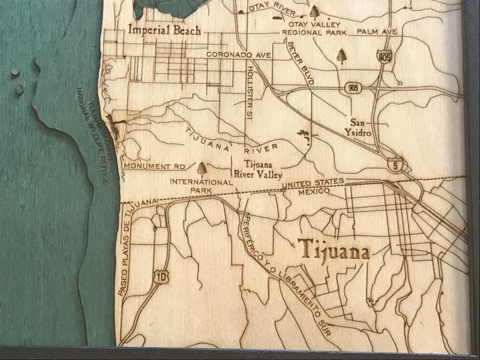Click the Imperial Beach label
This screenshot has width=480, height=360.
164,30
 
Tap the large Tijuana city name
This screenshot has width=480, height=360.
334,250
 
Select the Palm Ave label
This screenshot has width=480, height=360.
377,32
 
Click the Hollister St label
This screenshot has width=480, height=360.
249,94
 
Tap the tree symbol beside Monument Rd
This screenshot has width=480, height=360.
202,169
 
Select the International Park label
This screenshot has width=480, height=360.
201,186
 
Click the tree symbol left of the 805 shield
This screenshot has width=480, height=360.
341,55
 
